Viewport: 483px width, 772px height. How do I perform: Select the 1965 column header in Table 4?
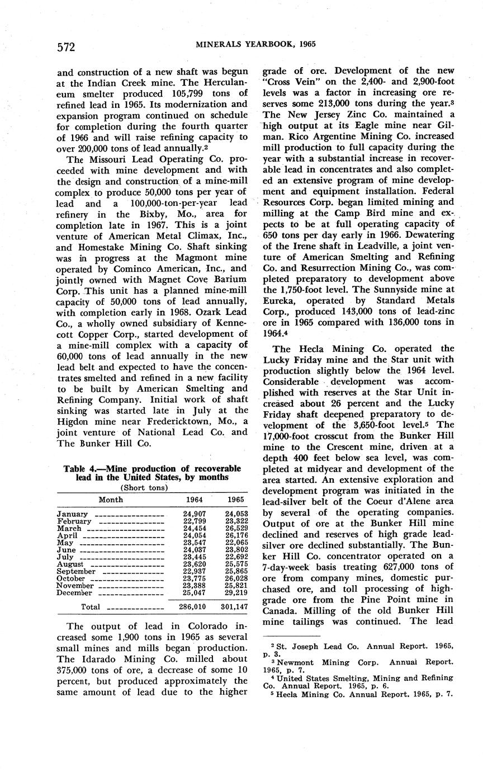pyautogui.click(x=235, y=500)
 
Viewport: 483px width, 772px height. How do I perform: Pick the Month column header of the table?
pyautogui.click(x=111, y=500)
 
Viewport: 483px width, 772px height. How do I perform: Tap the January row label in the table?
pyautogui.click(x=72, y=514)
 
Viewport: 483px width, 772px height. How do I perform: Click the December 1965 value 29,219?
pyautogui.click(x=235, y=593)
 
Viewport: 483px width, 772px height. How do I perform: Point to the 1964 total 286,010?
pyautogui.click(x=192, y=606)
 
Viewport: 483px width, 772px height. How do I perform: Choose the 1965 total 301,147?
pyautogui.click(x=235, y=606)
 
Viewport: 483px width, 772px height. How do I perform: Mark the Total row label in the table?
pyautogui.click(x=91, y=607)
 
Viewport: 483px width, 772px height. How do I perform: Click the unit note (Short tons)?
pyautogui.click(x=152, y=486)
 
